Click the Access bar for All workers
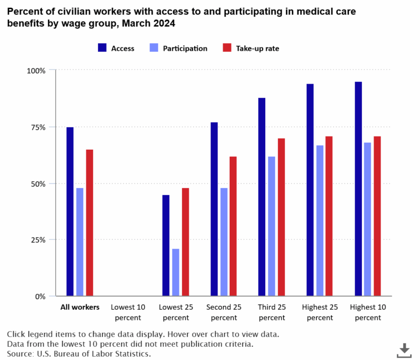[70, 212]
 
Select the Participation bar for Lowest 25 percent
[176, 273]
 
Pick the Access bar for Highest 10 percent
[358, 189]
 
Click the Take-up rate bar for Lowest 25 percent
[185, 242]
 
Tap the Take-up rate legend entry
[250, 48]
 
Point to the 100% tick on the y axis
[37, 70]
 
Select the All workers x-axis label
[79, 307]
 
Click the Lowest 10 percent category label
[127, 312]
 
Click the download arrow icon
[404, 349]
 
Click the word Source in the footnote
[20, 353]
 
